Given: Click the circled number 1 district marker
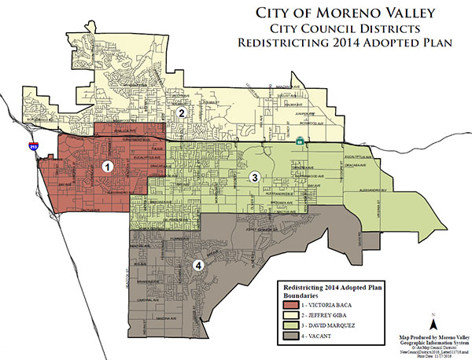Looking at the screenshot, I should [x=108, y=167].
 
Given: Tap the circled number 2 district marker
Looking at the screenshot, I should [x=182, y=113].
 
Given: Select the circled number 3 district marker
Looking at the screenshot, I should [x=254, y=178].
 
